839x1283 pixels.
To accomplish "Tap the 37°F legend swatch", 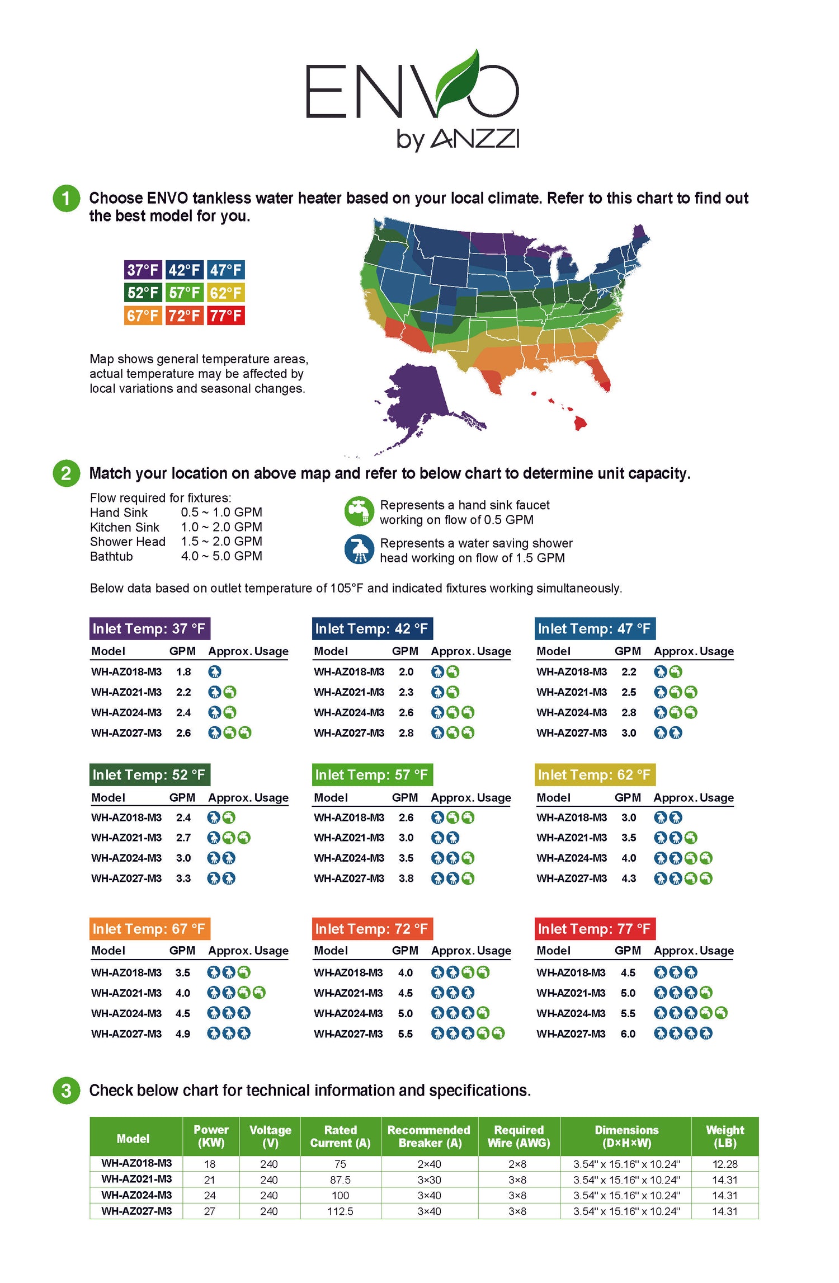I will point(143,270).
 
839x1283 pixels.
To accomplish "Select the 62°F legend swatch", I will point(226,293).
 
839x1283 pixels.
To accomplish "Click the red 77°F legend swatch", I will point(226,316).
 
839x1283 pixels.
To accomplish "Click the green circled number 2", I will point(66,473).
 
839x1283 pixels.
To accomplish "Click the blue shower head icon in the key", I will point(359,549).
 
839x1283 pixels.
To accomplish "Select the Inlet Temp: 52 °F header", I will point(150,775).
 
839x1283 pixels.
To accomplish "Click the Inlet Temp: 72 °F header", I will point(373,929).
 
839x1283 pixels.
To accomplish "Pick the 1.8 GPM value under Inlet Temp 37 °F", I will point(183,672).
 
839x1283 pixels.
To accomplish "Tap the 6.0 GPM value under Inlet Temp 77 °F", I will point(628,1034).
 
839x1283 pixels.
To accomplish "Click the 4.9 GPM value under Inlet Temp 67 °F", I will point(183,1034).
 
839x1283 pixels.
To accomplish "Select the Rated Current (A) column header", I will point(341,1136).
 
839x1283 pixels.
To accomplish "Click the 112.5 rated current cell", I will point(340,1211).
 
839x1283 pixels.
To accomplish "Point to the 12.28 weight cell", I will point(725,1164).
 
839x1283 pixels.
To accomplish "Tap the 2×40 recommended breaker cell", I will point(429,1164).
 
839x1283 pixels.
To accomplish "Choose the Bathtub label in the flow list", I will point(111,556).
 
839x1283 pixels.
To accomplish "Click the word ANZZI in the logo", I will point(475,139).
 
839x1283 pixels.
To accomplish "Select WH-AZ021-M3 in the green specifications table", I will point(136,1179).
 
